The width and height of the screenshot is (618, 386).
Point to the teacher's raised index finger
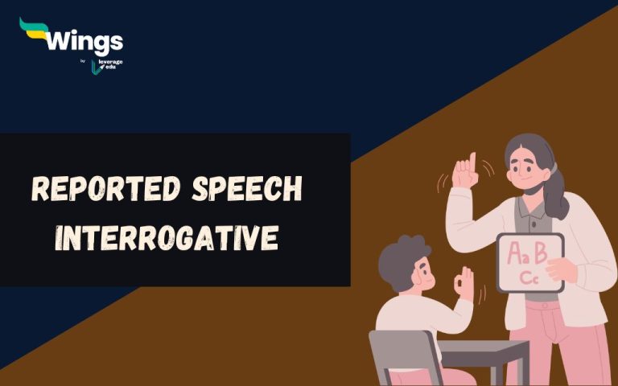472,159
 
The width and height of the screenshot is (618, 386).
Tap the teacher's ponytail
554,193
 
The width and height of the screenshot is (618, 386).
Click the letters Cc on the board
528,277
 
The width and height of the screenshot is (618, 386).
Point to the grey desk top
483,347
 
